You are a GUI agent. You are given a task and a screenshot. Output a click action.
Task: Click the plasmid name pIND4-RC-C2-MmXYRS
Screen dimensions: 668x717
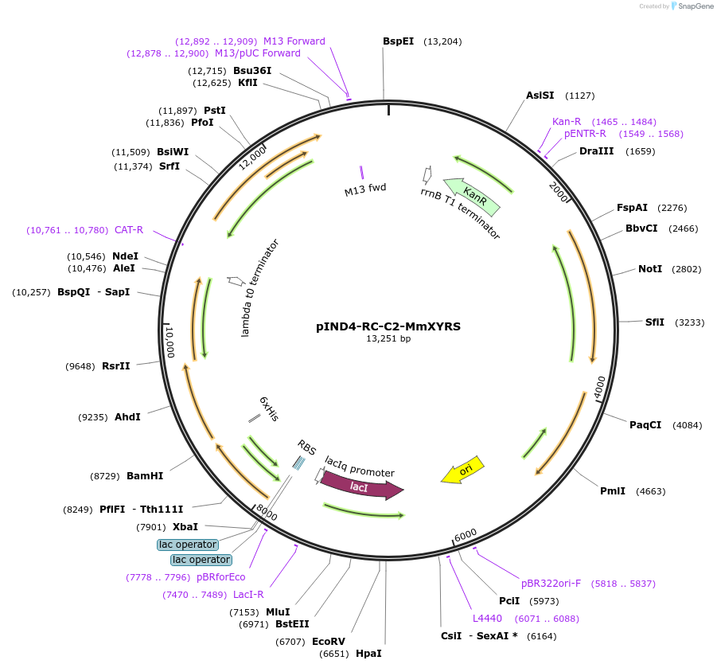coord(388,326)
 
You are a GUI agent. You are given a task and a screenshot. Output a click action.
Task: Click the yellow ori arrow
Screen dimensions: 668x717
coord(464,471)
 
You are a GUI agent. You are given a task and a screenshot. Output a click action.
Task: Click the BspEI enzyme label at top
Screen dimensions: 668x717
coord(400,41)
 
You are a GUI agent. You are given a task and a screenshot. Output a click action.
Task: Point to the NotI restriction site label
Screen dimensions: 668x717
coord(650,269)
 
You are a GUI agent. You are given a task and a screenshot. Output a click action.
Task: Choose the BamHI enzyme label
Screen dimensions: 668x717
coord(145,476)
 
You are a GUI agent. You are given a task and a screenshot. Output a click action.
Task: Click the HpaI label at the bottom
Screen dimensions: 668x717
coord(368,654)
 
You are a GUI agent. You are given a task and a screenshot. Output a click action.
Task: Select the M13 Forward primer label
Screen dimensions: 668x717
coord(294,41)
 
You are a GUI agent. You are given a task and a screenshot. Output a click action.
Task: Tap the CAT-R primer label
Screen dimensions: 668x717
coord(129,230)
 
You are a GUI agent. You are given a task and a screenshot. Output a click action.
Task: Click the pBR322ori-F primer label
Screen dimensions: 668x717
coord(551,584)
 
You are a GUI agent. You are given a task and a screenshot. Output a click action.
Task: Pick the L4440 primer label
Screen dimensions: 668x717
coord(487,619)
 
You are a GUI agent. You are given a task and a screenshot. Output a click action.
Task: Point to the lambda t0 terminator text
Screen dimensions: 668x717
coord(259,287)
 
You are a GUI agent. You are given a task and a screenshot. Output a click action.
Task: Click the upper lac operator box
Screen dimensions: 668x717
coord(188,545)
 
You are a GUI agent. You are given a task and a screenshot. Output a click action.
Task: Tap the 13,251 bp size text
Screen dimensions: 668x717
coord(388,338)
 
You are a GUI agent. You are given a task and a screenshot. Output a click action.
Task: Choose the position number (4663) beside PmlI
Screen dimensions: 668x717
coord(651,491)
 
